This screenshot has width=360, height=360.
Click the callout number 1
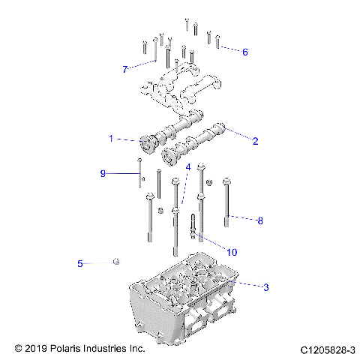pos(111,139)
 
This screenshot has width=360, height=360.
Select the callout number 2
pos(255,140)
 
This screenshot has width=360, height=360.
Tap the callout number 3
pos(265,286)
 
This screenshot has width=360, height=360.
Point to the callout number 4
pos(188,166)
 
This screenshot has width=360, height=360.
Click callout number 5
pos(79,263)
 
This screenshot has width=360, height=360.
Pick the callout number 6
pos(244,52)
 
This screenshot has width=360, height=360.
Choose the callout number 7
pos(125,69)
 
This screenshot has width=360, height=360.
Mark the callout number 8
pos(260,220)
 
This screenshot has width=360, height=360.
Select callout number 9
pos(103,173)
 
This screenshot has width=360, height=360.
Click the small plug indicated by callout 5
pos(116,261)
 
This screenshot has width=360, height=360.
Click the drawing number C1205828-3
pos(327,349)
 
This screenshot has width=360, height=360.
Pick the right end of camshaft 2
pos(221,128)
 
